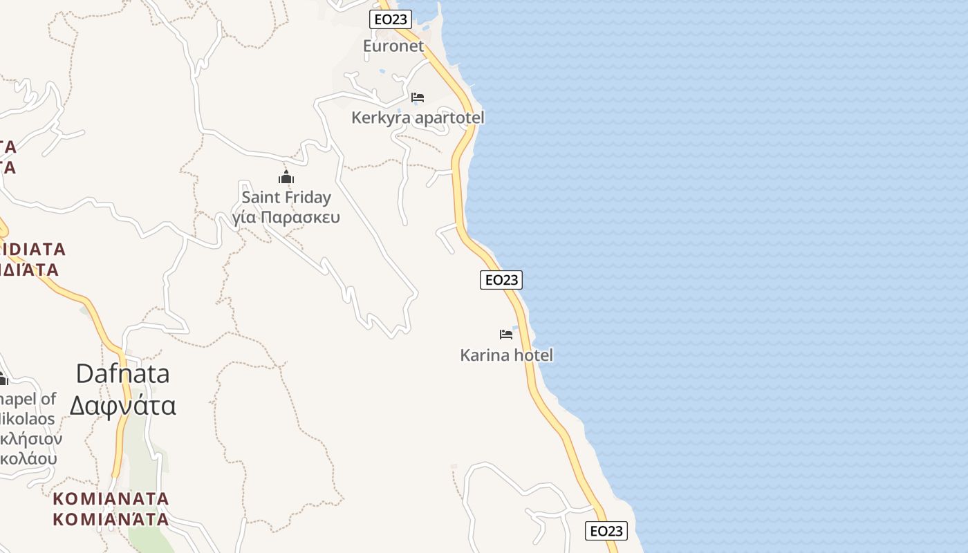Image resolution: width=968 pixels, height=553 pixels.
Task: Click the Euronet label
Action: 393,46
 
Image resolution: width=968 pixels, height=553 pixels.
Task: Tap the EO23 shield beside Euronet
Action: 391,19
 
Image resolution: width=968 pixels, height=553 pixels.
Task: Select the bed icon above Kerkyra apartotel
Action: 418,97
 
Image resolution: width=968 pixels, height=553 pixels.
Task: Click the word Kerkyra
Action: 381,118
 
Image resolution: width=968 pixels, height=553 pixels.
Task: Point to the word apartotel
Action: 449,118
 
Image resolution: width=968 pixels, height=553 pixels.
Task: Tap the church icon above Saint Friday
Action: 286,177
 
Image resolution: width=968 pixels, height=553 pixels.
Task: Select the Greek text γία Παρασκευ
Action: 286,218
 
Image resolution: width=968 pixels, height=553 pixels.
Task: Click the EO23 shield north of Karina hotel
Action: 501,280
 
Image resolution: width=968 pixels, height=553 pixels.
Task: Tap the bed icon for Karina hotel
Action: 506,335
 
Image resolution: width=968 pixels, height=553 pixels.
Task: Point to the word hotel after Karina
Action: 532,355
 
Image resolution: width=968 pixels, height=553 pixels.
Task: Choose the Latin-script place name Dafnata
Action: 122,374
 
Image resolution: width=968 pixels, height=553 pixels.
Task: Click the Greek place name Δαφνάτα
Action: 122,405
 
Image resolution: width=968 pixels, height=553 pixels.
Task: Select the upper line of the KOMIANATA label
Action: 111,498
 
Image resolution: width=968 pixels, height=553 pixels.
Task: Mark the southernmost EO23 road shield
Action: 606,531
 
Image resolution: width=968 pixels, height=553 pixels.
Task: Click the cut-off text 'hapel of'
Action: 28,399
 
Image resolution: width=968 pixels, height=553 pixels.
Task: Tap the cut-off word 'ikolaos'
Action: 28,419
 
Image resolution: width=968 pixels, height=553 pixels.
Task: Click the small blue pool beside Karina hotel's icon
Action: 515,328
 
